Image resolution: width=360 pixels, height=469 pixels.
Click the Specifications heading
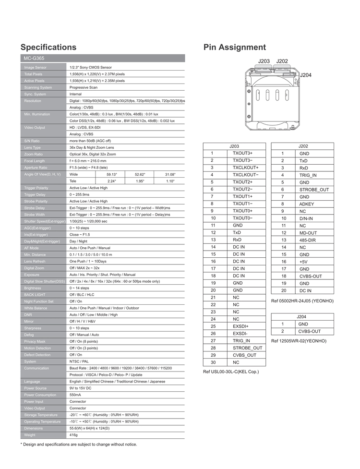(x=48, y=47)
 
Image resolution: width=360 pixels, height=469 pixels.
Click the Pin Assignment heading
(x=234, y=47)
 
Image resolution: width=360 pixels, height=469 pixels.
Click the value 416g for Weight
(x=73, y=434)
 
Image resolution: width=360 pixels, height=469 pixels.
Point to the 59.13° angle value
(x=111, y=174)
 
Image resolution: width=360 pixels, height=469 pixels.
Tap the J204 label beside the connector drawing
(x=305, y=75)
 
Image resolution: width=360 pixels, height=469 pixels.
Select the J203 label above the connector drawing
(x=264, y=61)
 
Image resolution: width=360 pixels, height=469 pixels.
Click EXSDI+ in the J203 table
(x=241, y=326)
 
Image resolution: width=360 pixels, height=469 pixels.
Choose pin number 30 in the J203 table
(x=212, y=362)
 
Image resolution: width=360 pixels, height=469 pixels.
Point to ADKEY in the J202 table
(x=307, y=204)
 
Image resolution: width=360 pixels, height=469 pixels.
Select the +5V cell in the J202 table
(x=303, y=262)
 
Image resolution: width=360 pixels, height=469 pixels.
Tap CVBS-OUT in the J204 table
(x=310, y=331)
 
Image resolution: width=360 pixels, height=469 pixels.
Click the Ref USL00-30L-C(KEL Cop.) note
(x=231, y=372)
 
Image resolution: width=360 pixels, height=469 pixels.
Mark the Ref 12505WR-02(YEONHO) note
(x=299, y=341)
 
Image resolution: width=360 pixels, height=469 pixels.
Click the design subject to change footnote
(x=78, y=445)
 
